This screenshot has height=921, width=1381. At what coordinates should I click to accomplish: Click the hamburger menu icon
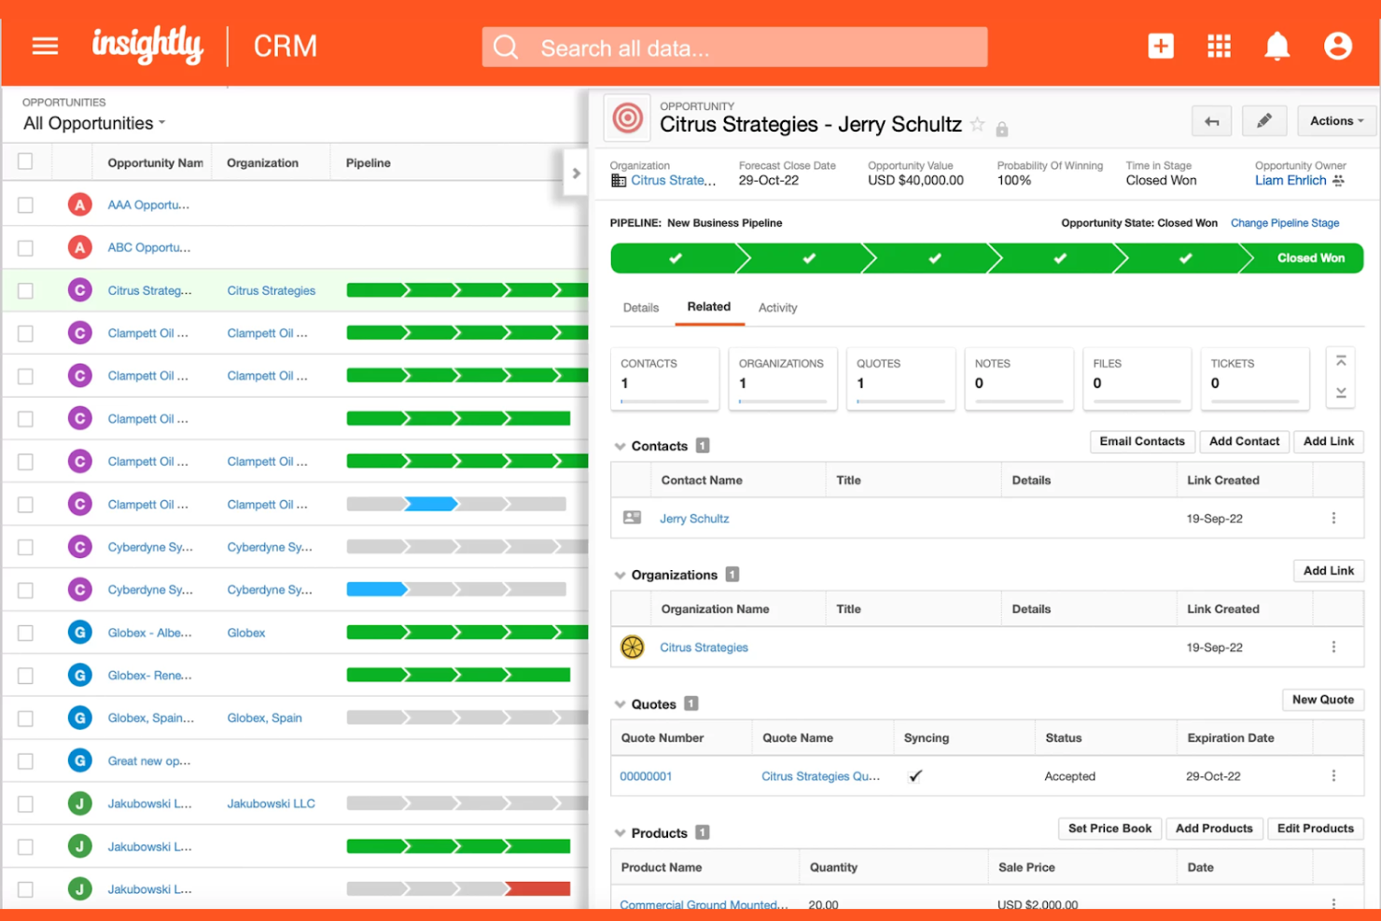(45, 46)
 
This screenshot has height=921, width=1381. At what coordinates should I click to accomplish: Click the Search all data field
(734, 48)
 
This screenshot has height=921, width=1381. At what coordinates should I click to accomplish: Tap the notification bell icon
(1276, 46)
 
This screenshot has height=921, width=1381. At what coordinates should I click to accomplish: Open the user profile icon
(1337, 46)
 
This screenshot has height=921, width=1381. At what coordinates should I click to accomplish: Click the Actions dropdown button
(1336, 121)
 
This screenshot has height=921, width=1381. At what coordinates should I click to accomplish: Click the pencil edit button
(1264, 121)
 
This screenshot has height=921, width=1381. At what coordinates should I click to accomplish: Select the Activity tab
(777, 308)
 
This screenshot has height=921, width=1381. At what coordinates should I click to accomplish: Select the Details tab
(641, 308)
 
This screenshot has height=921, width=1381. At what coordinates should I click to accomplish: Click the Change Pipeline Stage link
(1284, 223)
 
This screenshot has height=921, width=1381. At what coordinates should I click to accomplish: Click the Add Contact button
(1244, 441)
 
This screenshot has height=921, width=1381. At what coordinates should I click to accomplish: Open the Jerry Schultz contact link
(694, 519)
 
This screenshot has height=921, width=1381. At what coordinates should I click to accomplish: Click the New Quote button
(1322, 700)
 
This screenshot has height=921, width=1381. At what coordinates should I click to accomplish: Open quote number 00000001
(646, 776)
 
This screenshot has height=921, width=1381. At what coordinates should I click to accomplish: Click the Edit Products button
(1315, 829)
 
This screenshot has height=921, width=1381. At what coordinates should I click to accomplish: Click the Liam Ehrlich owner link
(1290, 181)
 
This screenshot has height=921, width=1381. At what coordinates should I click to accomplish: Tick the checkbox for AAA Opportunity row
(25, 205)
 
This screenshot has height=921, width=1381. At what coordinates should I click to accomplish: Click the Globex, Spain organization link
(264, 719)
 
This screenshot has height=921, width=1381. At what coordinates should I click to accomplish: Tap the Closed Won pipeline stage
(1310, 258)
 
